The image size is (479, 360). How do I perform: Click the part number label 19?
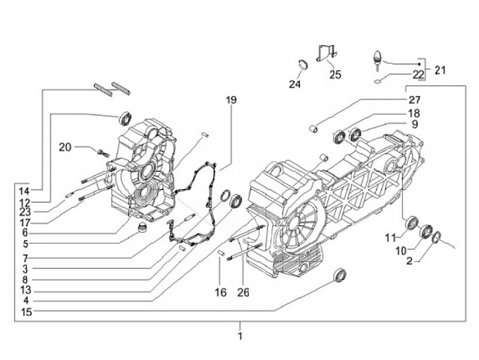coord(231,100)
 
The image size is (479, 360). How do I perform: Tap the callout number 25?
coord(335,75)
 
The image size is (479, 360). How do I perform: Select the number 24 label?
coord(295,85)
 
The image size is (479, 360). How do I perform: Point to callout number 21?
coord(440,69)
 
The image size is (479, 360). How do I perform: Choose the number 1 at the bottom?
coord(240,335)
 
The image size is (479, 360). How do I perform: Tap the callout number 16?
coord(221,292)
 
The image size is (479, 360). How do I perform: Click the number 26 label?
coord(243,292)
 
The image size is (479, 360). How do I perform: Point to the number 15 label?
coord(26,311)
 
